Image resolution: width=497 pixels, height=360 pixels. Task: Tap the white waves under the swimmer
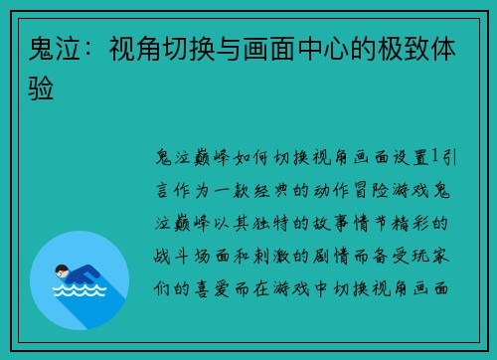79,292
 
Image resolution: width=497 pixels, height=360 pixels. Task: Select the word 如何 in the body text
238,157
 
